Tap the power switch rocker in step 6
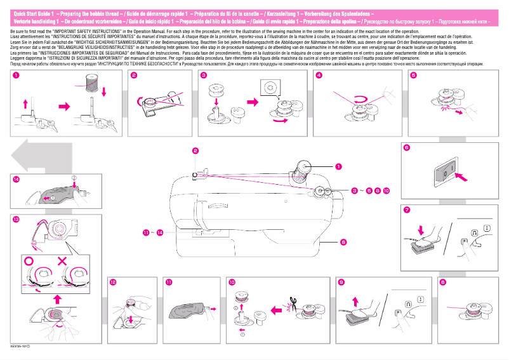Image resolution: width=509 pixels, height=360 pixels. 446,172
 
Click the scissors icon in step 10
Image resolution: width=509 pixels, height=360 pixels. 291,303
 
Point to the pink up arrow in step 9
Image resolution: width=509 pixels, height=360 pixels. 353,299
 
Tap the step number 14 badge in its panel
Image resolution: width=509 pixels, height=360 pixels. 16,180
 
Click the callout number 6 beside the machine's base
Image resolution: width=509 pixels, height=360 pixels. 343,242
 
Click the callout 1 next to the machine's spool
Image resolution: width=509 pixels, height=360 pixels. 338,166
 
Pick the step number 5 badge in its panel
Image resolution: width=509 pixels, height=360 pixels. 413,76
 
